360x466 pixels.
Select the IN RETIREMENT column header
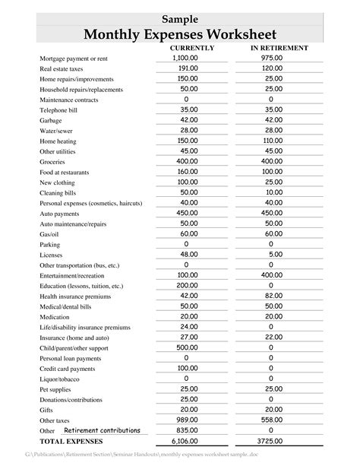[x=279, y=48]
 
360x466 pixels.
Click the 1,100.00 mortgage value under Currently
[x=185, y=58]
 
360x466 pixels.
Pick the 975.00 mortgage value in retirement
[x=271, y=58]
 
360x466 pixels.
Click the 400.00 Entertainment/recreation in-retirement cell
[x=271, y=275]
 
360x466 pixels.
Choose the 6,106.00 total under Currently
[x=185, y=441]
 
